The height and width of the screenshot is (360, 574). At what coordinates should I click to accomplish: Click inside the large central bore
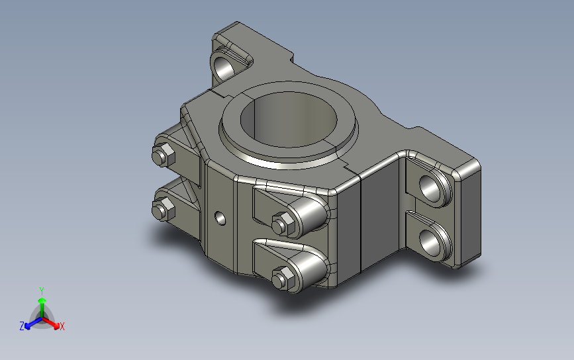point(289,119)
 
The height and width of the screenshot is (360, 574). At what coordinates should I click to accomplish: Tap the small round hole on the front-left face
point(220,218)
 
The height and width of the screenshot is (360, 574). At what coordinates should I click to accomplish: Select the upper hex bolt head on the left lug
point(164,155)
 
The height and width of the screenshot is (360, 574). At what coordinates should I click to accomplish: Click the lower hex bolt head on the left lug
point(164,209)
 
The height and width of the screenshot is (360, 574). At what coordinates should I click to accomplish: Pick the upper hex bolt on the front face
point(283,224)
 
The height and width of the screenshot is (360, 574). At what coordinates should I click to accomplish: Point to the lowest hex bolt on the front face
point(283,279)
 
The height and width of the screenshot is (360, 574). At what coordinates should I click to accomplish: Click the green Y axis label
point(42,291)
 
